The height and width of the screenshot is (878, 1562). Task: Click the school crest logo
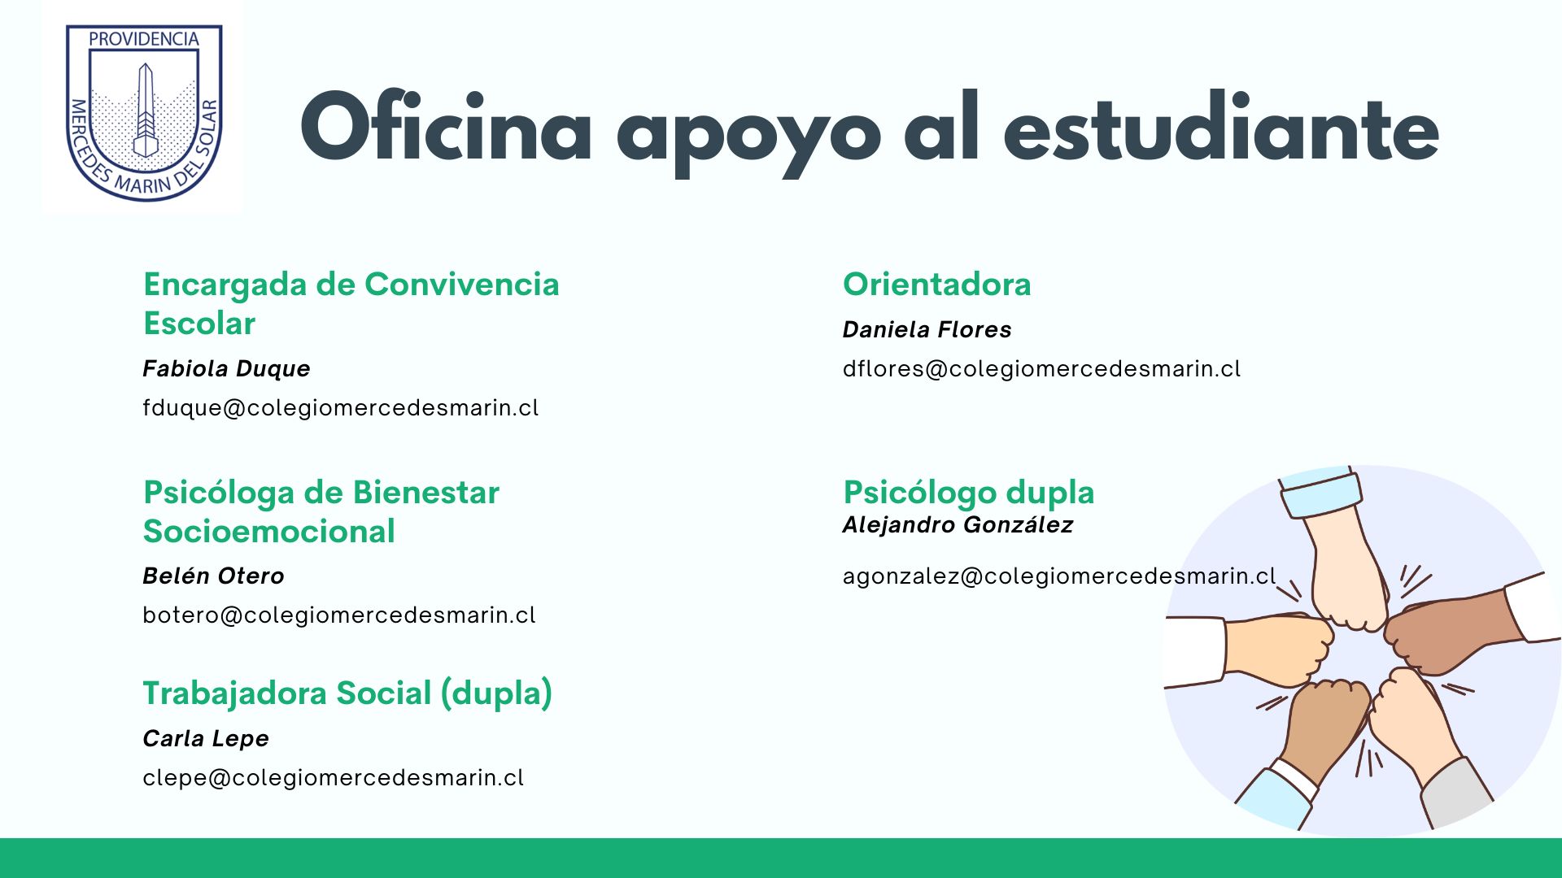tap(143, 112)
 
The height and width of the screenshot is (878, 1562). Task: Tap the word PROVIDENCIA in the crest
tap(144, 39)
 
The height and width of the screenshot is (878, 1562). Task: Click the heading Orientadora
tap(937, 285)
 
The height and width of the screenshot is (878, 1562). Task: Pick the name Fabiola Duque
tap(226, 369)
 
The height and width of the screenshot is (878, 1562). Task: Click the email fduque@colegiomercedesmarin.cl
tap(341, 408)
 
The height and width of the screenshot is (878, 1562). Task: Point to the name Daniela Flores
tap(927, 329)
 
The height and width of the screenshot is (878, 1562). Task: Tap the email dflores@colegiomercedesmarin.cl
tap(1042, 369)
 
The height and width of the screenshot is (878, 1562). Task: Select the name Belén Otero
tap(213, 576)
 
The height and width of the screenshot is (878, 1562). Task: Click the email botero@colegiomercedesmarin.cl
tap(339, 615)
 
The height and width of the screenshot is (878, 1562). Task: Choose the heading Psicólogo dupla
tap(969, 493)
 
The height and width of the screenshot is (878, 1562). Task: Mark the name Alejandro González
tap(958, 524)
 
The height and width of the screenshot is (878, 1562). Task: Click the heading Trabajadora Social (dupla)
tap(348, 693)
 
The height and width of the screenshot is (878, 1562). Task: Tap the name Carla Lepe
tap(206, 739)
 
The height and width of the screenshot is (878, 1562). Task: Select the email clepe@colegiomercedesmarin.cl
tap(334, 778)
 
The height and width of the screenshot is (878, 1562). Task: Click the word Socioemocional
tap(269, 532)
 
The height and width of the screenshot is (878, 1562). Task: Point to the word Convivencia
tap(462, 285)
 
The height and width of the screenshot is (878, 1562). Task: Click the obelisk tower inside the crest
tap(145, 110)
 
